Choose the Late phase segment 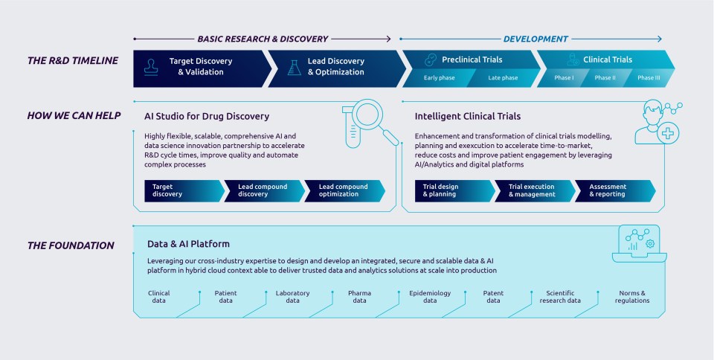tap(503, 78)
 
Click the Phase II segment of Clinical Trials tap(605, 78)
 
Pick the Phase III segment tap(648, 78)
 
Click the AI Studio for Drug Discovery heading tap(207, 116)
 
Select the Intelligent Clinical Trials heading tap(467, 116)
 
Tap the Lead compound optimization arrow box tap(344, 190)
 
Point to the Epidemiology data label tap(430, 297)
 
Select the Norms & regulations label tap(632, 297)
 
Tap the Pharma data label tap(359, 297)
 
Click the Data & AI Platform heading tap(188, 243)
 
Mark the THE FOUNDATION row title tap(71, 245)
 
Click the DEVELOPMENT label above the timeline tap(535, 39)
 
